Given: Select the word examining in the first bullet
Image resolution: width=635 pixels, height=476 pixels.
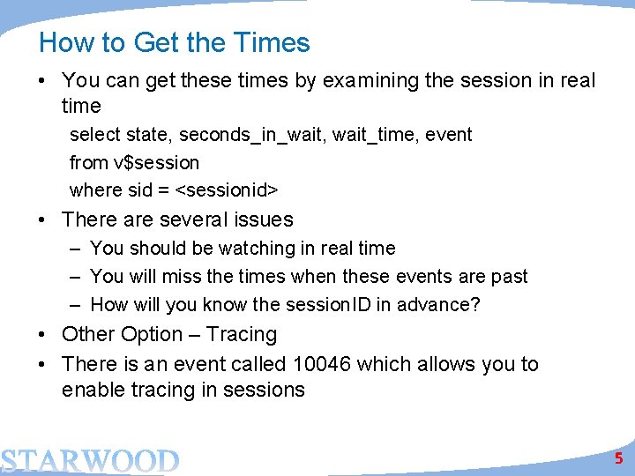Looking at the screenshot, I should tap(370, 80).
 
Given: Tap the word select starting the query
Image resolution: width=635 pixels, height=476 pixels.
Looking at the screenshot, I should tap(95, 135).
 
